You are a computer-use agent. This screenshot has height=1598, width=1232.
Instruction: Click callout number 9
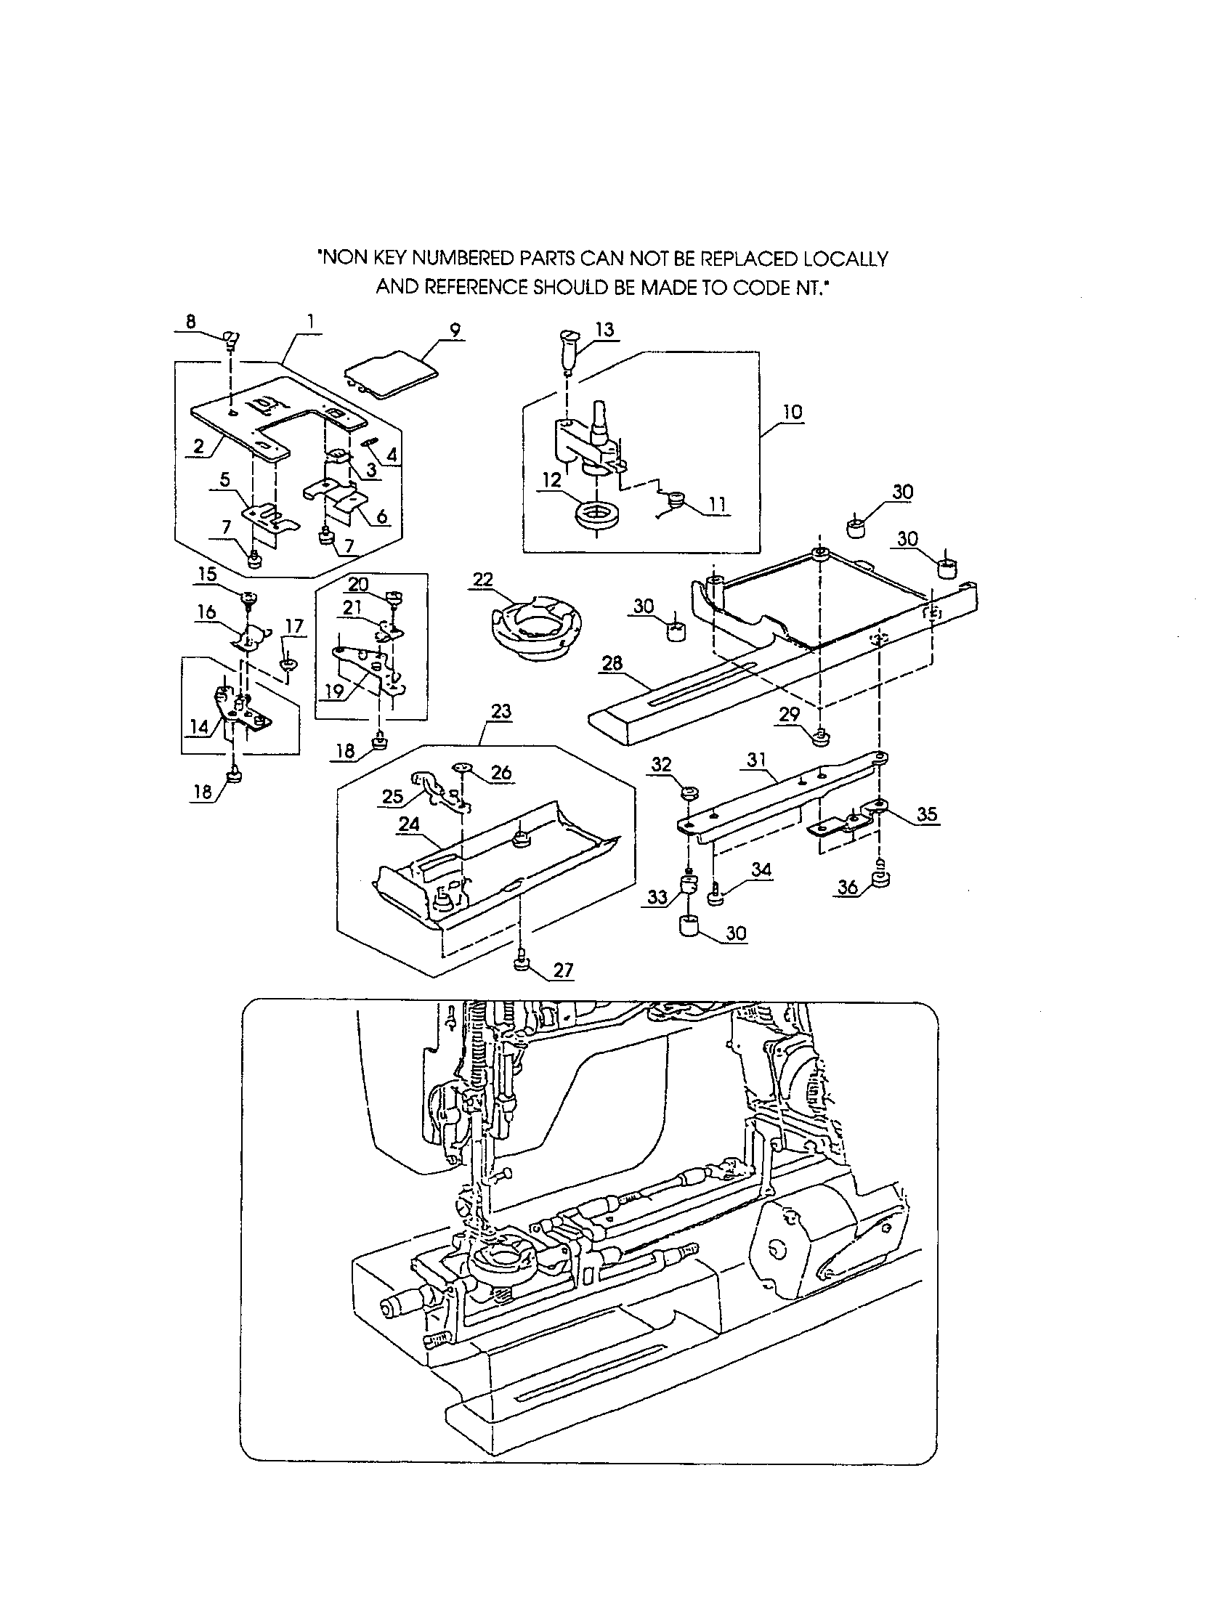click(x=455, y=330)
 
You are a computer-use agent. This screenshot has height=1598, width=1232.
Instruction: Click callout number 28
click(x=612, y=663)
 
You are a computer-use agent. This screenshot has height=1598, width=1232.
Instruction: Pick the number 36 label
click(x=848, y=888)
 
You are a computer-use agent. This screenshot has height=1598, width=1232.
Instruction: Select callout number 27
click(x=562, y=970)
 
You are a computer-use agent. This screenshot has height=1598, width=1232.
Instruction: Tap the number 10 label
click(x=792, y=412)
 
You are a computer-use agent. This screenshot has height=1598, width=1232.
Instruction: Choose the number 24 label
click(x=409, y=824)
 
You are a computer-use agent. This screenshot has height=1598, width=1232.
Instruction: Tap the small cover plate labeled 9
click(x=392, y=373)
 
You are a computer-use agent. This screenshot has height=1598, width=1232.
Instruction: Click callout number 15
click(x=207, y=574)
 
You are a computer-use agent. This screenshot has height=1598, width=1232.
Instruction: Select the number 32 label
click(x=660, y=765)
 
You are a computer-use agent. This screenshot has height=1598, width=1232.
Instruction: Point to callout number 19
click(x=333, y=690)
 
